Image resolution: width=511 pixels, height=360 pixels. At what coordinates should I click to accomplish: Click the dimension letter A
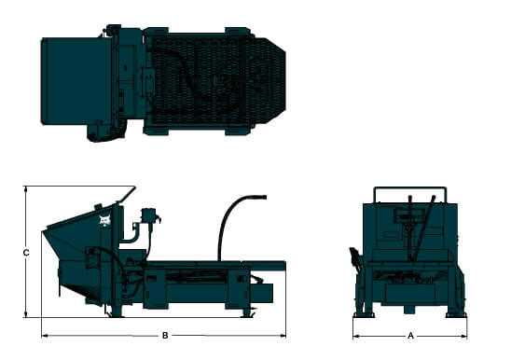coord(410,336)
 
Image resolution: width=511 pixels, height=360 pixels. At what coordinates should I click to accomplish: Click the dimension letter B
coord(165,336)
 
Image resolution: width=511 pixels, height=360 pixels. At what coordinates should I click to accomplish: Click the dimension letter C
coord(26,253)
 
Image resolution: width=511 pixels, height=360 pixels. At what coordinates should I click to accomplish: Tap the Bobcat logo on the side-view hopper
coord(105,221)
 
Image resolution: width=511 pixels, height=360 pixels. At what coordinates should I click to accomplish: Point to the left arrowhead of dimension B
coord(45,335)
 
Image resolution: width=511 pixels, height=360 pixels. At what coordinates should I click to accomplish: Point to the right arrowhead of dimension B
coord(283,335)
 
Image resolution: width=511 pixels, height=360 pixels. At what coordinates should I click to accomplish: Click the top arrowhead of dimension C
coord(26,189)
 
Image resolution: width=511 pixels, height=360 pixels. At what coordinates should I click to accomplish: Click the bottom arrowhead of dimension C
coord(26,313)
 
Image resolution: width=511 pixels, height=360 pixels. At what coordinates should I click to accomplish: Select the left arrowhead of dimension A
coord(356,336)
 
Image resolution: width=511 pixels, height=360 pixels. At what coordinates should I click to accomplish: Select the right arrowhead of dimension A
coord(463,336)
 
